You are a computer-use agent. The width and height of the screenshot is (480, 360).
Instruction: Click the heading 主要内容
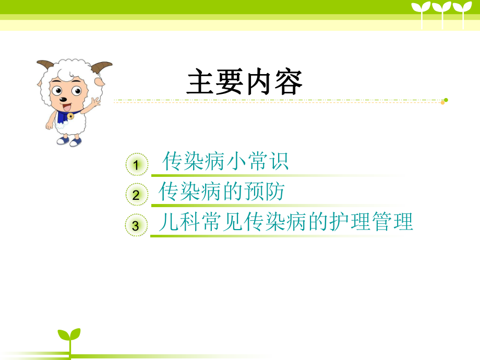coord(245,83)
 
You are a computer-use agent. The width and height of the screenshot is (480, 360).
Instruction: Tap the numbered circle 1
coord(136,165)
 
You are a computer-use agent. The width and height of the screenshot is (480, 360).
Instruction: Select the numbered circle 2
coord(136,196)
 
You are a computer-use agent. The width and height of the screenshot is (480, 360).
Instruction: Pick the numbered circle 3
coord(136,226)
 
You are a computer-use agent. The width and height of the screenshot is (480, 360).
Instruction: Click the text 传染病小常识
coord(225,162)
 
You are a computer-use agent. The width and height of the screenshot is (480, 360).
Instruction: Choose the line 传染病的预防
coord(222,192)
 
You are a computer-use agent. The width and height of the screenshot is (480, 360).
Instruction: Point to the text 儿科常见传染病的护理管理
coord(286,222)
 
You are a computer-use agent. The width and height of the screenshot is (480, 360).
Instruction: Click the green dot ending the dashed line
coord(446,100)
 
